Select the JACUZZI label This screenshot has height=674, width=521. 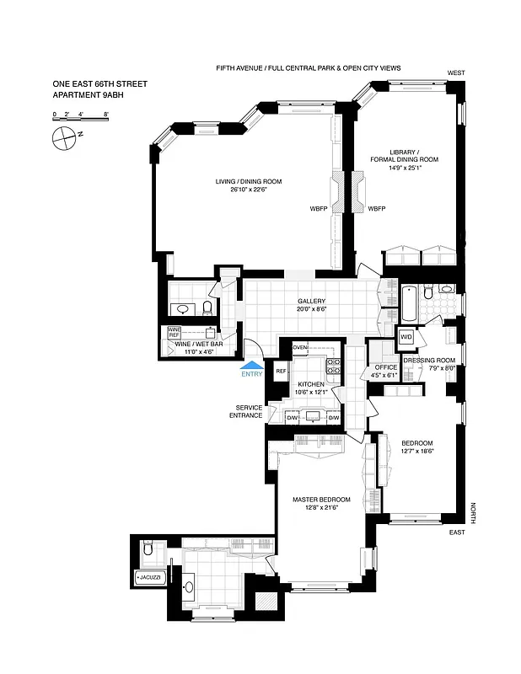[151, 579]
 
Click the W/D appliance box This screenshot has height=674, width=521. [406, 338]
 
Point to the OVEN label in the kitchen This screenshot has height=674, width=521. [300, 347]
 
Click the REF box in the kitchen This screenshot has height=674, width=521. [281, 371]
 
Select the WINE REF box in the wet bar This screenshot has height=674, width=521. [175, 332]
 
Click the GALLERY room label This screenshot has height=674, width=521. [311, 302]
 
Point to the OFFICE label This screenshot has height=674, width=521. [386, 368]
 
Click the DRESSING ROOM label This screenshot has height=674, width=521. [430, 361]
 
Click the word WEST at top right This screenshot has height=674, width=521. [457, 73]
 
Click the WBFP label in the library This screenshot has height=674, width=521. [377, 208]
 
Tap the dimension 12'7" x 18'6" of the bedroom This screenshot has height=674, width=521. [416, 452]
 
